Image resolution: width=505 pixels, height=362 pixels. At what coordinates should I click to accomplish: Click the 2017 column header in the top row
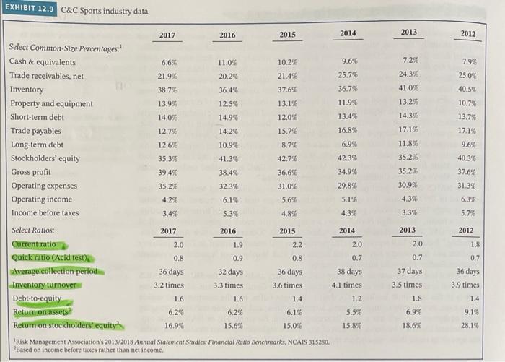(167, 35)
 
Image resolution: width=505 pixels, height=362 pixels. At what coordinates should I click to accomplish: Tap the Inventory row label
(27, 90)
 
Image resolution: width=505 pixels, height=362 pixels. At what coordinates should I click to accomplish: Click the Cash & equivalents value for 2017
(168, 63)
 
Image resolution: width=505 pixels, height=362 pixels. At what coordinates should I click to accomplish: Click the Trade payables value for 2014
(349, 131)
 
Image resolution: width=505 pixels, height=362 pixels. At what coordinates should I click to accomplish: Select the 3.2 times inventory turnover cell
(164, 285)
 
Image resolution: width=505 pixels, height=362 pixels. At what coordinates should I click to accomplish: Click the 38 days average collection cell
(350, 272)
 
